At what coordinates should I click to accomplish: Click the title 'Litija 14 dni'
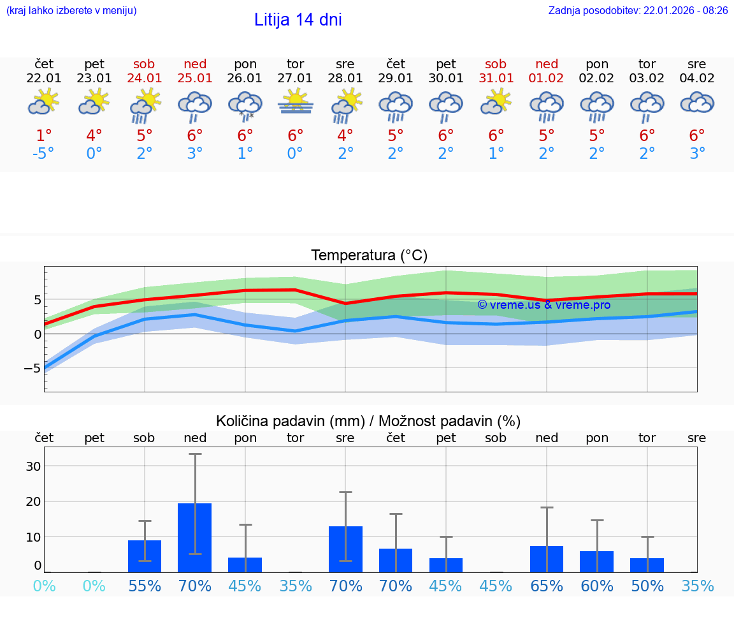coord(298,20)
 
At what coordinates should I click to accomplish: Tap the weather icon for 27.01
coord(295,102)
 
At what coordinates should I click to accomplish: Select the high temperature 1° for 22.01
coord(44,136)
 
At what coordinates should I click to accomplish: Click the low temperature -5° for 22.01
coord(44,154)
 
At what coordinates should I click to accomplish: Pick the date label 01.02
coord(547,78)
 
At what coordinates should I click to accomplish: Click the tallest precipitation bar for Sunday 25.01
coord(195,537)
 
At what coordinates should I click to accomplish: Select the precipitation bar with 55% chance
coord(145,556)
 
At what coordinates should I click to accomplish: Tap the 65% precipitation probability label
coord(547,586)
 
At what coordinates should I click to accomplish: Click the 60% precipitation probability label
coord(597,586)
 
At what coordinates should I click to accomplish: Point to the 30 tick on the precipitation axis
coord(33,466)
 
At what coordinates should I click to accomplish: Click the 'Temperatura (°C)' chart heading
coord(369,256)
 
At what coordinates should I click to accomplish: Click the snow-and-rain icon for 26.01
coord(245,105)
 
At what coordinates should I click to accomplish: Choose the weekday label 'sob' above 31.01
coord(496,64)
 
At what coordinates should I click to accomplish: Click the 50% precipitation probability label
coord(647,586)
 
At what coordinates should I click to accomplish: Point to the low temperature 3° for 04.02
coord(697,154)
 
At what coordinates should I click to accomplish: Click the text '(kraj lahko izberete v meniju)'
coord(71,10)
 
